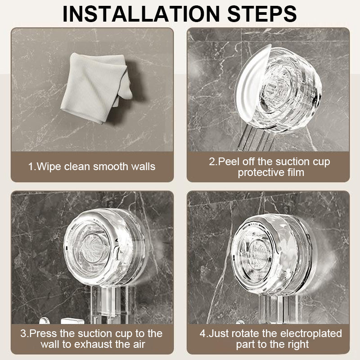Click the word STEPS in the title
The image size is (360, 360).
tap(262, 14)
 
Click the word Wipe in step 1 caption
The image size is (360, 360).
tap(49, 166)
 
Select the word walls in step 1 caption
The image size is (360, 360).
tap(142, 166)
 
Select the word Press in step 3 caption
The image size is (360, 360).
tap(43, 333)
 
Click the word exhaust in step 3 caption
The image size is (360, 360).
tap(93, 344)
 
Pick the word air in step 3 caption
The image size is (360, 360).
tap(139, 344)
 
